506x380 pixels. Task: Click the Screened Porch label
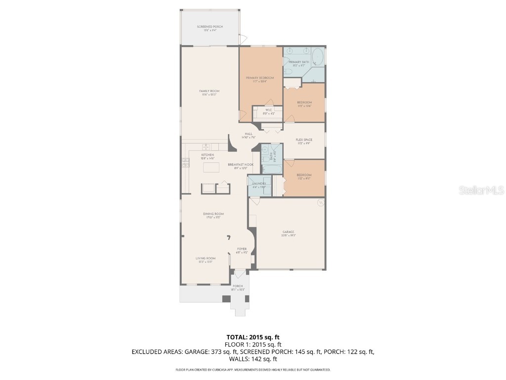click(x=210, y=27)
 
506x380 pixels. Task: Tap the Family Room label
click(x=209, y=91)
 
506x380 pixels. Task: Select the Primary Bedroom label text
click(x=260, y=78)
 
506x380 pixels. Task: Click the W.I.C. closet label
click(x=269, y=110)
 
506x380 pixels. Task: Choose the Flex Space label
click(x=304, y=140)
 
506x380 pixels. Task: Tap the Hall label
click(x=249, y=134)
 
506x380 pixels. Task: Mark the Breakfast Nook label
click(x=241, y=165)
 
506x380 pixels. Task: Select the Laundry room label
click(x=259, y=184)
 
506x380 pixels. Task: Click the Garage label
click(x=289, y=232)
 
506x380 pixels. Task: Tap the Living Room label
click(x=206, y=258)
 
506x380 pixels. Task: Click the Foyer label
click(x=242, y=249)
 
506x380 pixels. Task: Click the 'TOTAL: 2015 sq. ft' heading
click(x=253, y=337)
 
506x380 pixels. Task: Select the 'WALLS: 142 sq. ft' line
click(x=253, y=359)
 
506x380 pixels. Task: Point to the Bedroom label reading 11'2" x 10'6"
click(x=304, y=103)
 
